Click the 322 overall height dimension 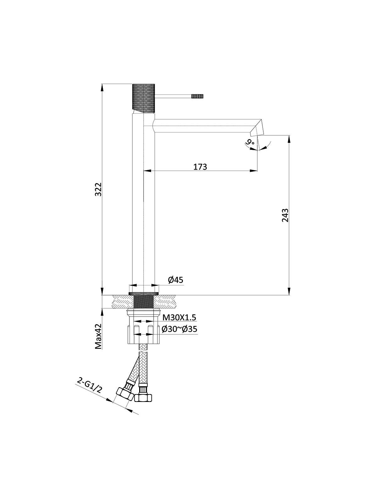[98, 189]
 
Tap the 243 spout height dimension [285, 215]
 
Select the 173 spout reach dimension [200, 167]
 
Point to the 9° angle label [250, 142]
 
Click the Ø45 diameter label [176, 280]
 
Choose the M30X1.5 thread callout [179, 317]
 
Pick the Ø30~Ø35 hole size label [179, 329]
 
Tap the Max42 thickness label [98, 336]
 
